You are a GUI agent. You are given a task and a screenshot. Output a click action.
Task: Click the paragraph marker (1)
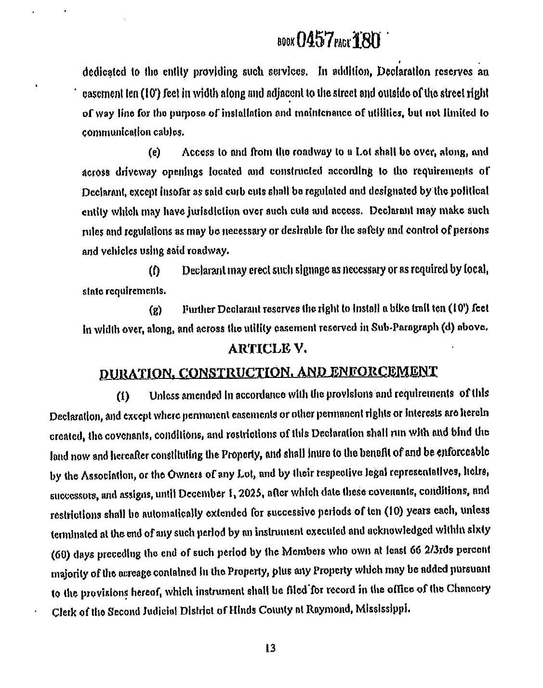[123, 397]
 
